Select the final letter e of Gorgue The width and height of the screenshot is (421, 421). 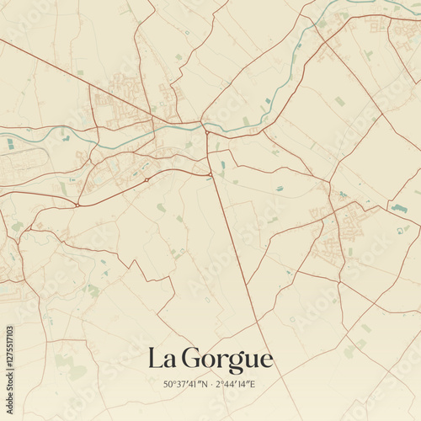pos(267,361)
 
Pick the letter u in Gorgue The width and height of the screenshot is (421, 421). pos(253,361)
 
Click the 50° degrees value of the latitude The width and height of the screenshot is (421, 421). pos(169,385)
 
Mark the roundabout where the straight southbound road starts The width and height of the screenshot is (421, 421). pos(209,174)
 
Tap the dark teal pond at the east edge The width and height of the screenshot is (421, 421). pos(399,208)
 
